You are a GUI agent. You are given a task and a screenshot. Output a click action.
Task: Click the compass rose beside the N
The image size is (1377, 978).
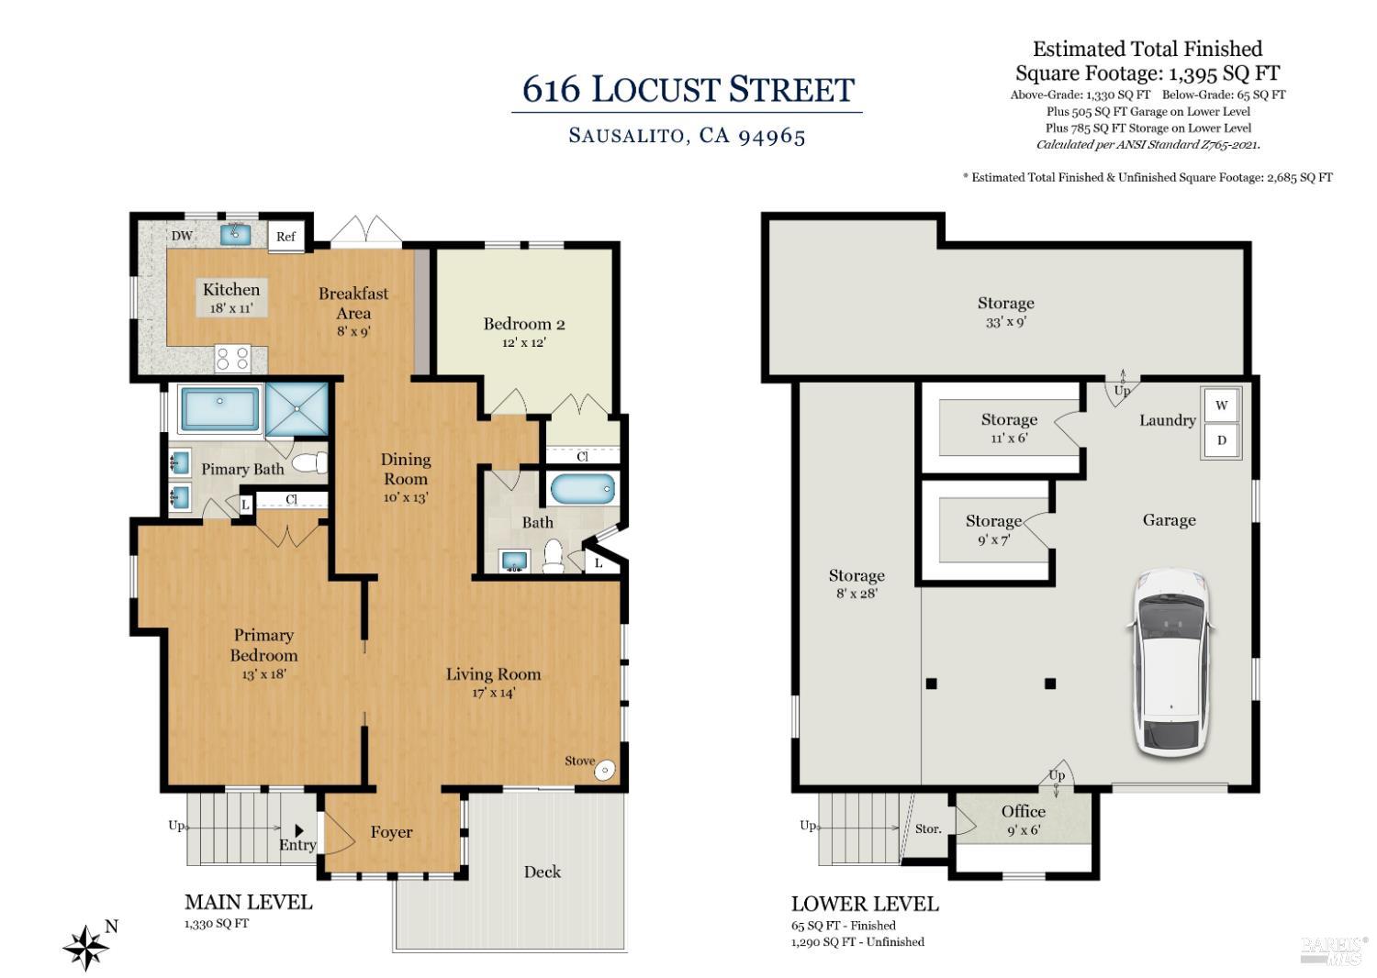[86, 948]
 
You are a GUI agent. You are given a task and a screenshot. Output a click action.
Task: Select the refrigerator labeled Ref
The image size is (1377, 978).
[285, 236]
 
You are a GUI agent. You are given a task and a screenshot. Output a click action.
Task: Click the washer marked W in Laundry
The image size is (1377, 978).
[1222, 406]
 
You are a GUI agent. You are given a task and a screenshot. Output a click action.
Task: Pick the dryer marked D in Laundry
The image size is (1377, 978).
[1222, 439]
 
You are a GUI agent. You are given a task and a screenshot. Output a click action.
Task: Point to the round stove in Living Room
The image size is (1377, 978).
[605, 771]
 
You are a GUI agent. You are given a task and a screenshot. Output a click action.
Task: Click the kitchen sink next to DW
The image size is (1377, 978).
[235, 234]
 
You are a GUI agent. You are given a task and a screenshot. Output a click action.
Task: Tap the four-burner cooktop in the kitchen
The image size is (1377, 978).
[232, 358]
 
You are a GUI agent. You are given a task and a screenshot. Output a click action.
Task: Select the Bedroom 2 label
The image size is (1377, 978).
[524, 324]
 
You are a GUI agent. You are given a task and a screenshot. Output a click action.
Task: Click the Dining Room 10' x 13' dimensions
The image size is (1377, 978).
[406, 497]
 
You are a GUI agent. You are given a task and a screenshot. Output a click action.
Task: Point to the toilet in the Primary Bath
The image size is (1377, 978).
[308, 462]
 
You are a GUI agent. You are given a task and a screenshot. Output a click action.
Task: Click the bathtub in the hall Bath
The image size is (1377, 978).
[582, 489]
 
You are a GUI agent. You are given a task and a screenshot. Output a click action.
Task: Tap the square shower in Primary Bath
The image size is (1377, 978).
[297, 409]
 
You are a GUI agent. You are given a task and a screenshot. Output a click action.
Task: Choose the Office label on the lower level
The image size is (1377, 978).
[1023, 812]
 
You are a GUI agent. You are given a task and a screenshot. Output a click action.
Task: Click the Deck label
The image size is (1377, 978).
[543, 872]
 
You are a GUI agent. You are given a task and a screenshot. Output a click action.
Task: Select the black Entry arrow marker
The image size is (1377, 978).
[299, 830]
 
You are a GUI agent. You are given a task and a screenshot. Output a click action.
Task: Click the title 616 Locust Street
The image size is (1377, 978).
[688, 89]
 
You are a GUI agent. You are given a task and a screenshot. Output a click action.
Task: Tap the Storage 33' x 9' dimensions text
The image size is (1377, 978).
[1006, 322]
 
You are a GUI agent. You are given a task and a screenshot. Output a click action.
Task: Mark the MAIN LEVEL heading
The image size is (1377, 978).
[249, 902]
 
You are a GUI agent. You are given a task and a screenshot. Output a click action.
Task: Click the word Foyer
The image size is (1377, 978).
[391, 832]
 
